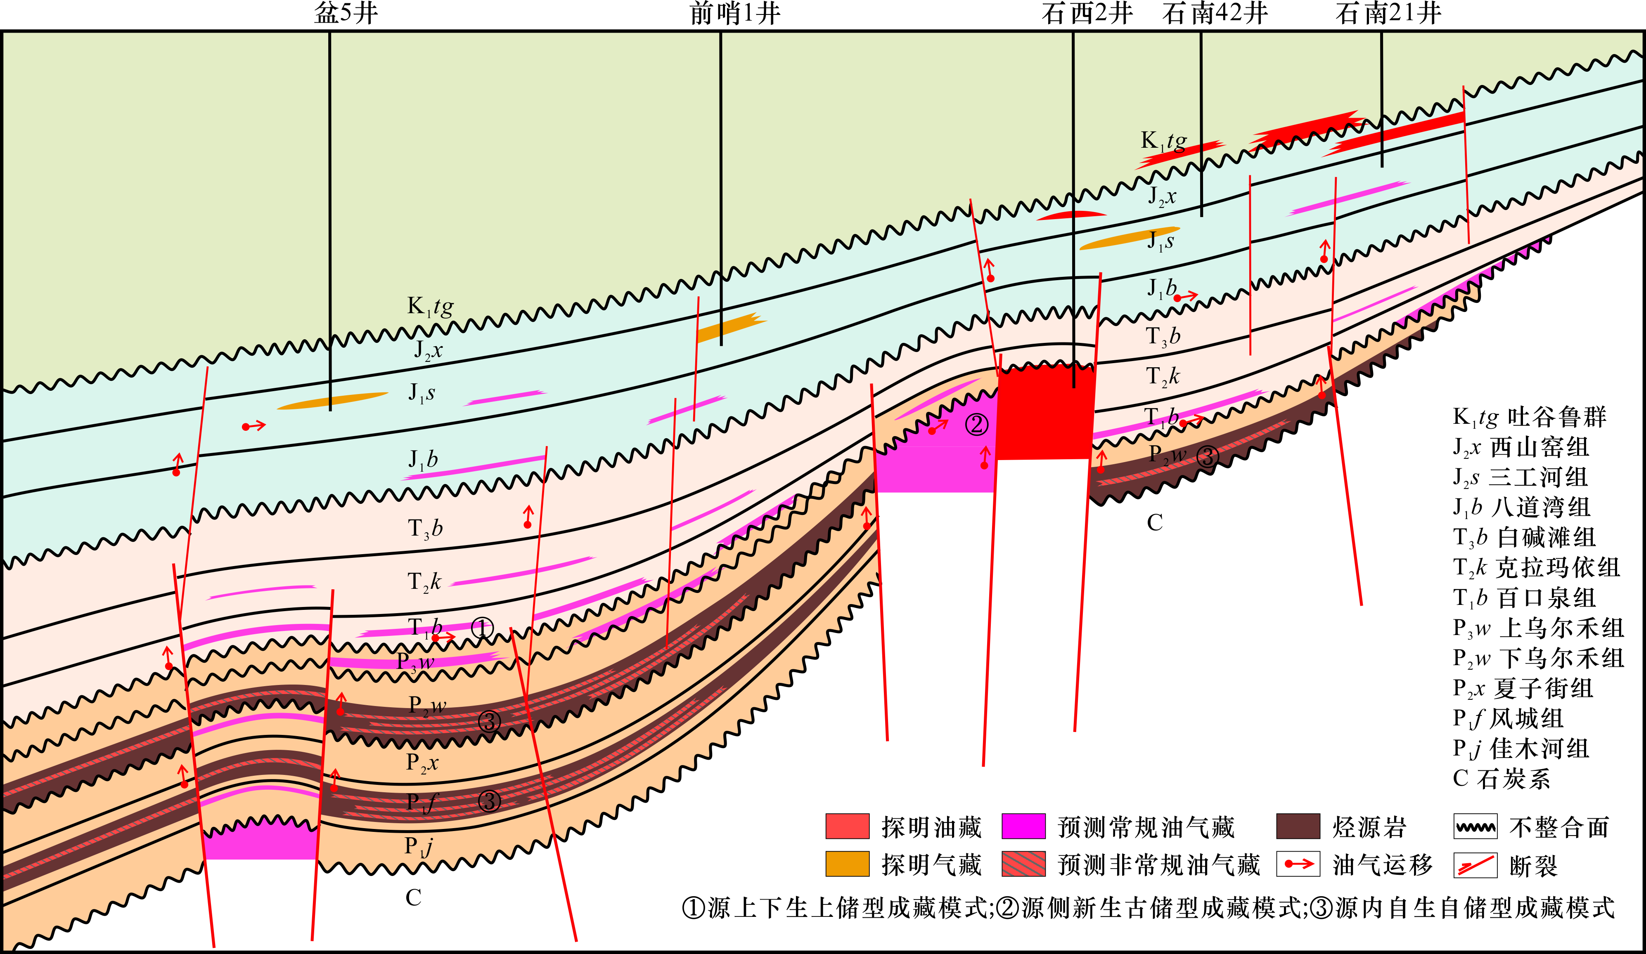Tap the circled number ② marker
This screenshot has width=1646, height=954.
[977, 425]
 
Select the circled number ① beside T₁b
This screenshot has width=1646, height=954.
[482, 628]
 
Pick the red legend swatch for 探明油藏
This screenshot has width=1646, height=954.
[847, 826]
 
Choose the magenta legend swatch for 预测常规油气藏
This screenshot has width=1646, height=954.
[1023, 826]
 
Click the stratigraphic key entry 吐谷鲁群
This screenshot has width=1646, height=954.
[1556, 417]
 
